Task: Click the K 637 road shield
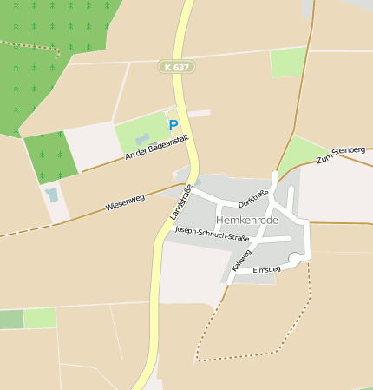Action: (x=177, y=66)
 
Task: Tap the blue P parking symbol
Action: (x=173, y=125)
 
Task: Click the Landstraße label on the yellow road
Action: (x=179, y=200)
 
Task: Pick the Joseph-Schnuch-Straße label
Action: (x=212, y=234)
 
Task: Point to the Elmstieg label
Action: (x=266, y=270)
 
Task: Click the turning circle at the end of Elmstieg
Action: (x=297, y=258)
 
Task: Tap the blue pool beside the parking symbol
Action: (x=144, y=138)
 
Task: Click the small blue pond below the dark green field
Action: (x=53, y=195)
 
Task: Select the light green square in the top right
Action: (x=288, y=62)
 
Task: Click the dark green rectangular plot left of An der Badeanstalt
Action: (x=51, y=156)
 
